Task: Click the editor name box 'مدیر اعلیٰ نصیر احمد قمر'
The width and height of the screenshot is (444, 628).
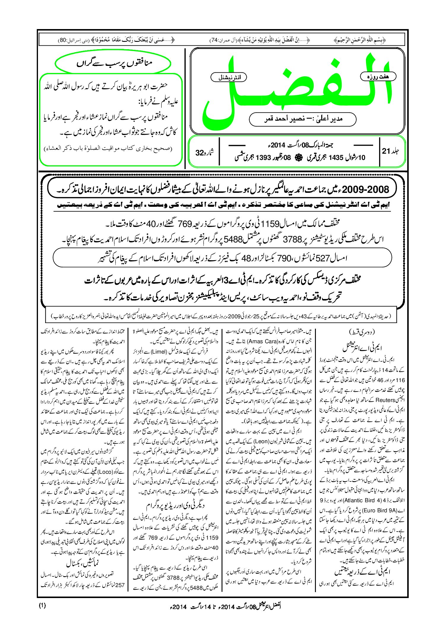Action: coord(303,119)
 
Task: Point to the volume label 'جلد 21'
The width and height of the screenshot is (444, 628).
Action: coord(391,151)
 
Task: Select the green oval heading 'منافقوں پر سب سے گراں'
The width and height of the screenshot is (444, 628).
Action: coord(113,63)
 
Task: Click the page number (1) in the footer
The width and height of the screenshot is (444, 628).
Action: coord(42,605)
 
